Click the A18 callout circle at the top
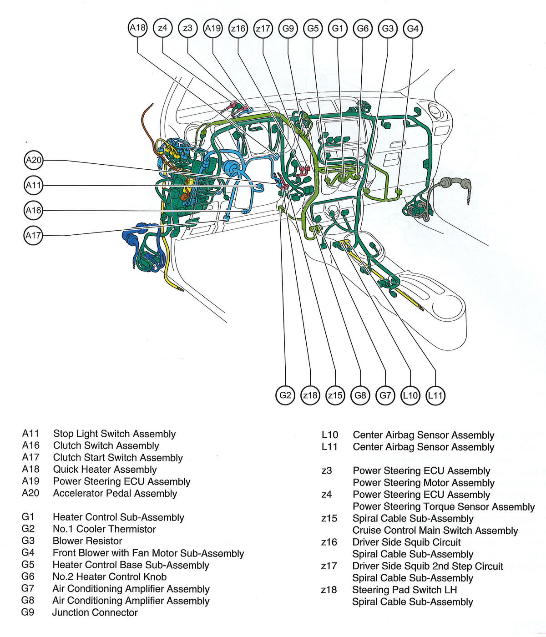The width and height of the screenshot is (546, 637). click(137, 28)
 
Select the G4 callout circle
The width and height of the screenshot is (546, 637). click(413, 29)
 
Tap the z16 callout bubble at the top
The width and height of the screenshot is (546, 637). click(238, 29)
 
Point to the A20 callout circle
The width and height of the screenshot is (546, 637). click(33, 160)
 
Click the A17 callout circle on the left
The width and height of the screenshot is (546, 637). click(33, 236)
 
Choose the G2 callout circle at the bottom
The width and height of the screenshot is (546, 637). click(285, 395)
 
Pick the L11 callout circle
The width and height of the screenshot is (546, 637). click(435, 395)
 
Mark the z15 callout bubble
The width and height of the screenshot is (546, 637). click(335, 395)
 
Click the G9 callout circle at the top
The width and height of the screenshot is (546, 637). click(288, 29)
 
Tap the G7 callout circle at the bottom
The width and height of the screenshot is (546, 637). click(385, 395)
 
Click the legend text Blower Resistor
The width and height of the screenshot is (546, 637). click(87, 541)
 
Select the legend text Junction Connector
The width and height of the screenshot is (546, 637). click(95, 612)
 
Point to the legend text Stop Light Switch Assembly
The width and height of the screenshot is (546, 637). click(114, 434)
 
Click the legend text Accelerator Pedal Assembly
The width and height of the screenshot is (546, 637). click(115, 493)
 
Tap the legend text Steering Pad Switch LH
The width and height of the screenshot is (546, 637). click(404, 590)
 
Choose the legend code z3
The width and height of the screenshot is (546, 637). click(327, 471)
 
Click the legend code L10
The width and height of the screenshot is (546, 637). click(330, 435)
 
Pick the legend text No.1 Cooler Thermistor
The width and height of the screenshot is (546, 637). click(104, 529)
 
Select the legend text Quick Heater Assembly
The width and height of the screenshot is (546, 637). click(105, 470)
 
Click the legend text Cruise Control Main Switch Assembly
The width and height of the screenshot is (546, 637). click(435, 531)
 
